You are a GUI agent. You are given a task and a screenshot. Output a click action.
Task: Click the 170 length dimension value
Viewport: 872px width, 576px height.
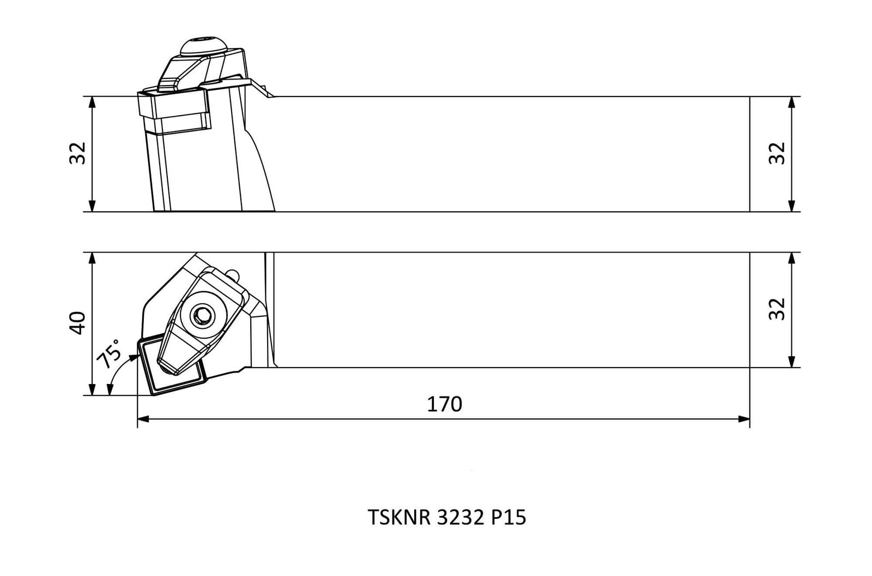click(444, 405)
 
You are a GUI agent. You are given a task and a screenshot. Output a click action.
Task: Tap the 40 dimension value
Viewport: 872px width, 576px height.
click(77, 323)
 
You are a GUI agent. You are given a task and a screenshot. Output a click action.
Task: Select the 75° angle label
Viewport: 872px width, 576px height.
click(108, 354)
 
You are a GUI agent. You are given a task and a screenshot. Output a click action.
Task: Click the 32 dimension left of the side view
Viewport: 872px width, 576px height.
click(77, 153)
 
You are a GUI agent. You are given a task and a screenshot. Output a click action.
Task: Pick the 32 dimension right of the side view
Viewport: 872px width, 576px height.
click(777, 153)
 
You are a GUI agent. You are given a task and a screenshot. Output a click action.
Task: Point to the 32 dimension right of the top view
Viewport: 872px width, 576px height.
click(777, 309)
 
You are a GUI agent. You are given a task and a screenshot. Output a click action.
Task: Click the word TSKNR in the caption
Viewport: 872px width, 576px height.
click(399, 518)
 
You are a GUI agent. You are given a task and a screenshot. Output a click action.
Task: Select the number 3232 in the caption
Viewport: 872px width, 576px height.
click(461, 518)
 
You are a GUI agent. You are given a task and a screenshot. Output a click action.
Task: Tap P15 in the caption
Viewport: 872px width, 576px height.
click(508, 518)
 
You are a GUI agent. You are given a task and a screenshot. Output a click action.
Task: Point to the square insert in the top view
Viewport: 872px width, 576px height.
click(171, 367)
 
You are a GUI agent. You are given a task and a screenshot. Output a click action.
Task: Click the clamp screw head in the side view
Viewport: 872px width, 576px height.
click(203, 46)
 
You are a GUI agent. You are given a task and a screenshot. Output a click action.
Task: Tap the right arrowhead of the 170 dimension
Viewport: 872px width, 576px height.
click(744, 419)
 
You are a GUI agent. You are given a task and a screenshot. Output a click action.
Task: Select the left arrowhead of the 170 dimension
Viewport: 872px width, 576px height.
click(143, 419)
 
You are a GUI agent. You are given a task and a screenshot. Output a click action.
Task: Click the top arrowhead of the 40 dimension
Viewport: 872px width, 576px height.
click(92, 259)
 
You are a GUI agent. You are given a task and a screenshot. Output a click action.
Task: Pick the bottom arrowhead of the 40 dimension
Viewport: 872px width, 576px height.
click(92, 389)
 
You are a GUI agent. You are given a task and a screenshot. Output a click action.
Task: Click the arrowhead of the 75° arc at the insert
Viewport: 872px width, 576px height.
click(134, 357)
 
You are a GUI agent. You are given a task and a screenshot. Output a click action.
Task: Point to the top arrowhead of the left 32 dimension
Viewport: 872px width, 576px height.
click(92, 102)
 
